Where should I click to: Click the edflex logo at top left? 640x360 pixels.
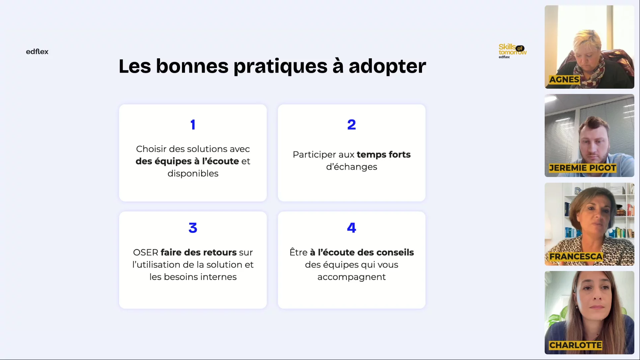click(x=37, y=52)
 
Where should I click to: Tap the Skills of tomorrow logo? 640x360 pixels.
click(x=512, y=51)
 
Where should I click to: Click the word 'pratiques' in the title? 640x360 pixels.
click(x=280, y=67)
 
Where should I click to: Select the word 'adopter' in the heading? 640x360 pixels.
click(x=387, y=67)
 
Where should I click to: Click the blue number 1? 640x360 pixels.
click(x=193, y=125)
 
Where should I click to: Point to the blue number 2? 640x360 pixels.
click(x=351, y=125)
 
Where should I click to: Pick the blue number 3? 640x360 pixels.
click(x=193, y=228)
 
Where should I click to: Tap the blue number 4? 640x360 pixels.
click(x=351, y=228)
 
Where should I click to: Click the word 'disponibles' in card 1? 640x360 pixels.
click(x=193, y=173)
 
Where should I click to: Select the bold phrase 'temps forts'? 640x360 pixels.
click(x=384, y=155)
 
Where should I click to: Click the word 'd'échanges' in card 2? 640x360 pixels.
click(x=352, y=167)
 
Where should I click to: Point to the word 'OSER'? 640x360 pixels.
click(x=146, y=252)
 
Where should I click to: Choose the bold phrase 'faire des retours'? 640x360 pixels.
click(x=199, y=252)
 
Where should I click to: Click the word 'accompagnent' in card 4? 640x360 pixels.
click(x=352, y=277)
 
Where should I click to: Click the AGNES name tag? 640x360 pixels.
click(x=564, y=80)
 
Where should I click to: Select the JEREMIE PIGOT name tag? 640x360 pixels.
click(x=582, y=168)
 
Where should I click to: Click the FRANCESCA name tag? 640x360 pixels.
click(x=576, y=257)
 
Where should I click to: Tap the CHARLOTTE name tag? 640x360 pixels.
click(x=575, y=345)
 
